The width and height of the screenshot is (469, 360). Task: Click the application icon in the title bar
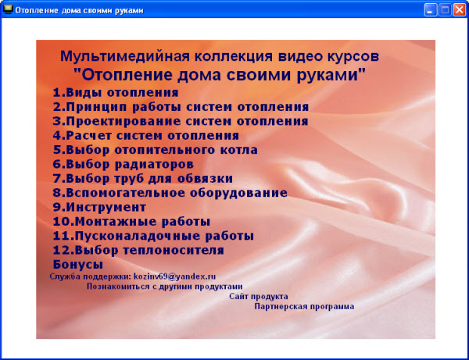pyautogui.click(x=8, y=9)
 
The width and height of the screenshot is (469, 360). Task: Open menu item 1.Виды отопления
pyautogui.click(x=116, y=92)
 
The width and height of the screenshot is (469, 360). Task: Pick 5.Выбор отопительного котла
pyautogui.click(x=155, y=150)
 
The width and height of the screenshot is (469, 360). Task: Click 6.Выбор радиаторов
pyautogui.click(x=123, y=165)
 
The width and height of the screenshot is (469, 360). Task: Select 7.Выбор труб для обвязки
pyautogui.click(x=143, y=179)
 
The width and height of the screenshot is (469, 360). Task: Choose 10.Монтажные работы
pyautogui.click(x=131, y=222)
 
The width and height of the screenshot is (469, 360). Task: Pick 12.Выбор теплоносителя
pyautogui.click(x=138, y=251)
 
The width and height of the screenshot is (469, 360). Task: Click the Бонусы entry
pyautogui.click(x=78, y=265)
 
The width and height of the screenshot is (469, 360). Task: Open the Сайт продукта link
pyautogui.click(x=259, y=297)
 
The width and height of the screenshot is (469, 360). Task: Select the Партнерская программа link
pyautogui.click(x=304, y=307)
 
